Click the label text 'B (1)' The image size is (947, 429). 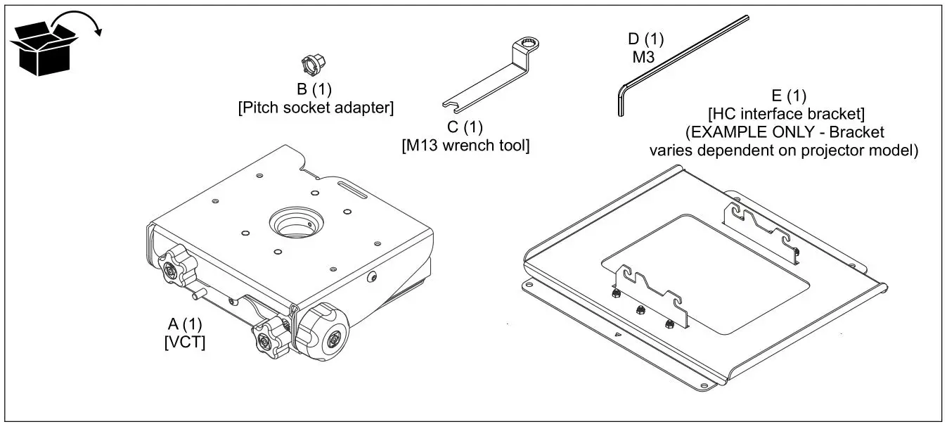point(314,89)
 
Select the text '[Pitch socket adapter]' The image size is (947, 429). point(314,108)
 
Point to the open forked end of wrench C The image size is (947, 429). point(451,105)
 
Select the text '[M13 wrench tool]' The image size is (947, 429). point(465,146)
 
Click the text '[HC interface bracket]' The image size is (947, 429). point(785,113)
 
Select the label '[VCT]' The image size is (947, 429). point(185,342)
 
